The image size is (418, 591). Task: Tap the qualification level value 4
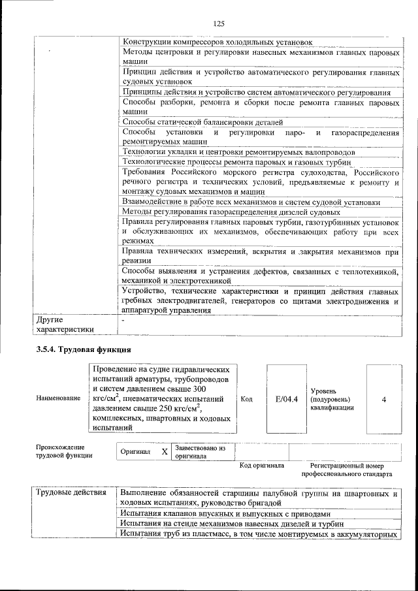[383, 398]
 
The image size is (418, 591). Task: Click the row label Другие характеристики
[66, 325]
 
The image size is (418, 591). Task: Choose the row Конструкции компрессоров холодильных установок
[217, 42]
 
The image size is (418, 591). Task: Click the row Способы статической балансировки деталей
[202, 122]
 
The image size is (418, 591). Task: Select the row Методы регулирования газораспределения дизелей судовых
[231, 212]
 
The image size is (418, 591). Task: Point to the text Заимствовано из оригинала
[200, 452]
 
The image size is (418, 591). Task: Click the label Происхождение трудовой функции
[64, 452]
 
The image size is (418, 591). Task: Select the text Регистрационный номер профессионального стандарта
[351, 470]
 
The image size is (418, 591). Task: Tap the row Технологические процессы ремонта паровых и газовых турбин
[236, 162]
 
